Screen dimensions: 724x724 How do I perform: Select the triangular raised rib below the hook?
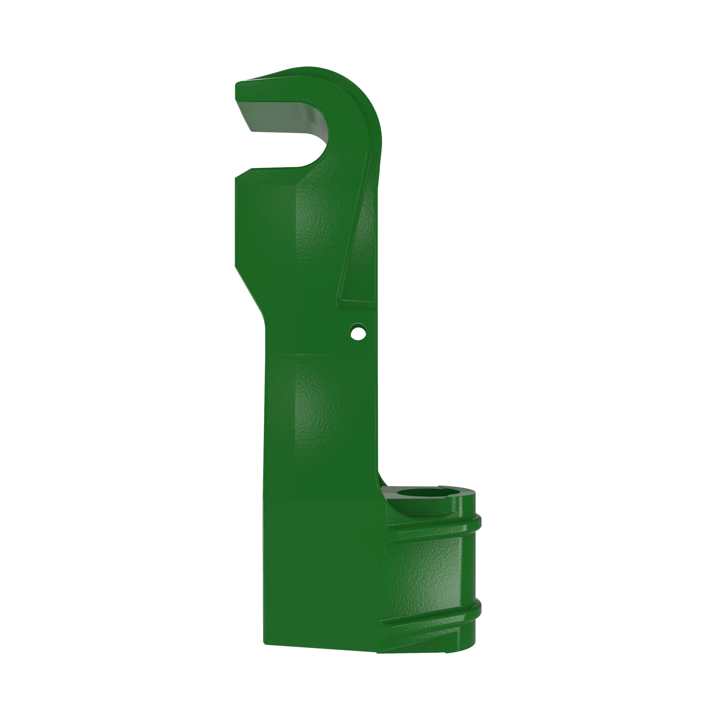pos(360,244)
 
